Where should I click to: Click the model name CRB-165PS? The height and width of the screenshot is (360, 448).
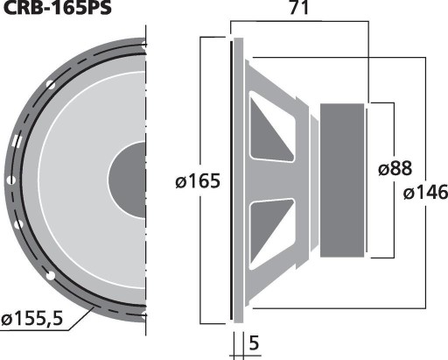(x=57, y=8)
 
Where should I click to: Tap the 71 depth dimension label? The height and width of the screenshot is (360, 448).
(x=299, y=7)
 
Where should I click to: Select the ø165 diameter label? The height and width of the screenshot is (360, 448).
(x=198, y=181)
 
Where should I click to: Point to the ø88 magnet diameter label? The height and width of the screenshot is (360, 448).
(x=395, y=168)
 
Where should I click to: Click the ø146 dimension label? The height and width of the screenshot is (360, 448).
(x=425, y=193)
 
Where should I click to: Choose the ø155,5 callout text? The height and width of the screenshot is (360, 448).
(x=32, y=318)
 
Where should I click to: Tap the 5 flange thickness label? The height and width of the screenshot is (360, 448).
(x=254, y=343)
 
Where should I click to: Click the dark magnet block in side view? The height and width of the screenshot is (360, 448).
(x=342, y=180)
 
